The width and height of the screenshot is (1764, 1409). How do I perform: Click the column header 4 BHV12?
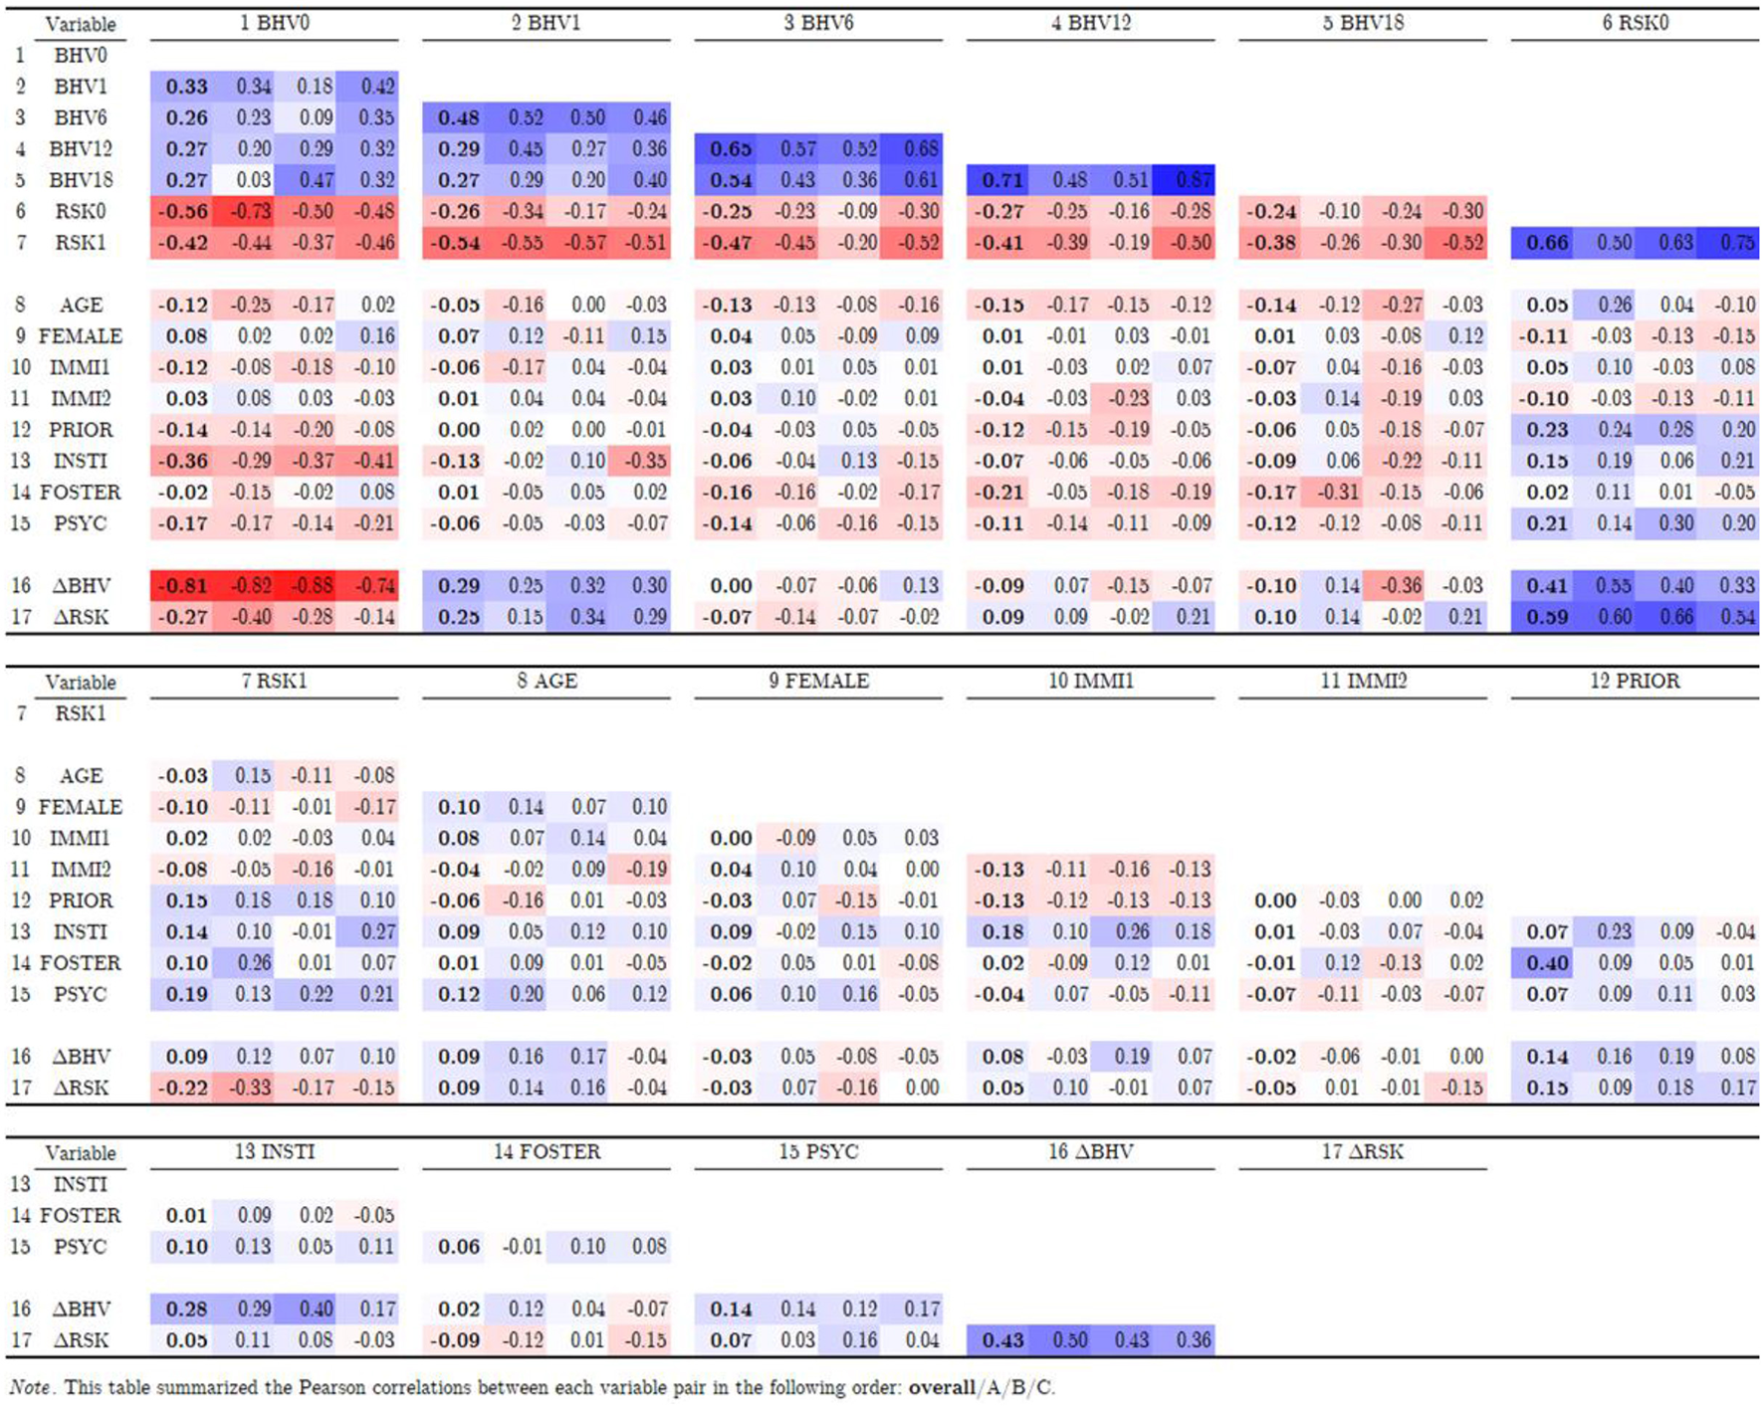click(x=1090, y=23)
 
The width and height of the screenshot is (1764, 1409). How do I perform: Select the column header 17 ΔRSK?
click(x=1362, y=1151)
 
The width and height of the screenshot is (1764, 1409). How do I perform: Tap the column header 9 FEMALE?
click(x=818, y=681)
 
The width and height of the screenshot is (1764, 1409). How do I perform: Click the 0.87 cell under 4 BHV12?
click(x=1193, y=180)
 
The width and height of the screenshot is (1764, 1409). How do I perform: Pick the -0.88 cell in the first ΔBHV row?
click(x=315, y=585)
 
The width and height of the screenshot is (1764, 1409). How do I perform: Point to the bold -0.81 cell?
click(x=185, y=585)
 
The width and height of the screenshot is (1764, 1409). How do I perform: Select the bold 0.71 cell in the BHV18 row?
click(x=1001, y=180)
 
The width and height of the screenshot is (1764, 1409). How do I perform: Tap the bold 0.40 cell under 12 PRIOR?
click(x=1546, y=963)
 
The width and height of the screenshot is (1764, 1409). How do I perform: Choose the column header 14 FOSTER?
click(x=547, y=1151)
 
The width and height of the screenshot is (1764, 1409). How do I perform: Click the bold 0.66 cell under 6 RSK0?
click(x=1546, y=243)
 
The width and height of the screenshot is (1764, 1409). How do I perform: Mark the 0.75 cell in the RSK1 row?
click(x=1737, y=243)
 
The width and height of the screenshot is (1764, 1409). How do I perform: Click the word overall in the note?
click(x=941, y=1387)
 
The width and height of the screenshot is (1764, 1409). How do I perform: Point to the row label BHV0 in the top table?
click(x=80, y=56)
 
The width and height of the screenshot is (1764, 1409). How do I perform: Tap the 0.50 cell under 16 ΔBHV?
click(x=1070, y=1339)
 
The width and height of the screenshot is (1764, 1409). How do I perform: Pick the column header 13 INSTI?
click(x=274, y=1151)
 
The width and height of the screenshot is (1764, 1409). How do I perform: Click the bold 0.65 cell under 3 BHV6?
click(x=730, y=149)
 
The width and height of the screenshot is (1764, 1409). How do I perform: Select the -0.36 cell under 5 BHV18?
click(x=1402, y=585)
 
